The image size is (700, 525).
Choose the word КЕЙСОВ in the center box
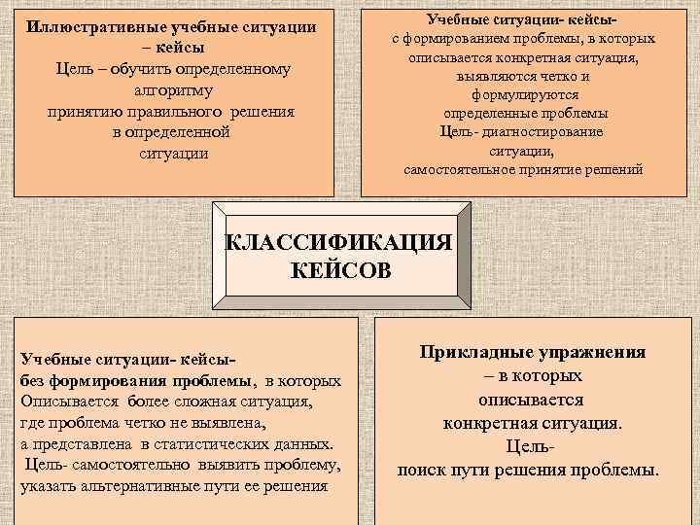(341, 269)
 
